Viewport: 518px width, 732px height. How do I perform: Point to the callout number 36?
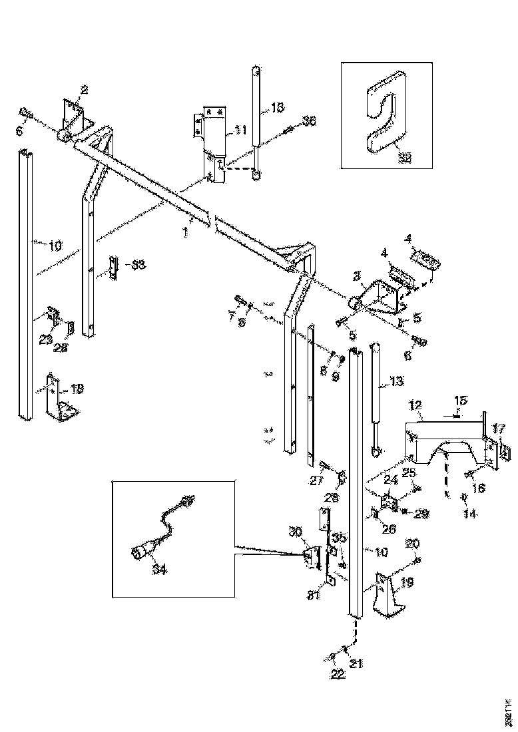[x=308, y=121]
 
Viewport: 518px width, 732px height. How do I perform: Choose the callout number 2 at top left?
[x=85, y=89]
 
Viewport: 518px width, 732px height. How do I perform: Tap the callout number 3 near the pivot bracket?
[x=357, y=275]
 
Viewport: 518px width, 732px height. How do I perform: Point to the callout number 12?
[x=415, y=405]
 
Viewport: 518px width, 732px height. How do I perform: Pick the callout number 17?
[x=498, y=428]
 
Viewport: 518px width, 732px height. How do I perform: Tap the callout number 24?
[x=390, y=478]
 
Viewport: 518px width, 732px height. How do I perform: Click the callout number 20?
[x=412, y=544]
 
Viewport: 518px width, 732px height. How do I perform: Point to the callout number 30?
[x=295, y=532]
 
